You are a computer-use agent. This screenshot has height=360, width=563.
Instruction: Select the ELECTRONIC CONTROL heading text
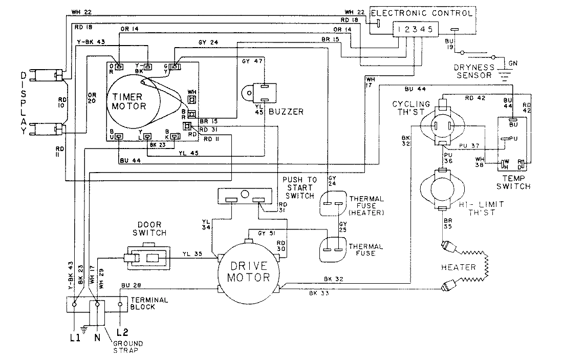tap(421, 12)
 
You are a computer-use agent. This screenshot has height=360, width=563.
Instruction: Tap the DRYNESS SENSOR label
tap(474, 71)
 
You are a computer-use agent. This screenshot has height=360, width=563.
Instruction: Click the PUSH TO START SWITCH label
tap(299, 187)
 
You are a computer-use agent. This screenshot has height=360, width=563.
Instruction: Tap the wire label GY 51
tap(265, 232)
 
